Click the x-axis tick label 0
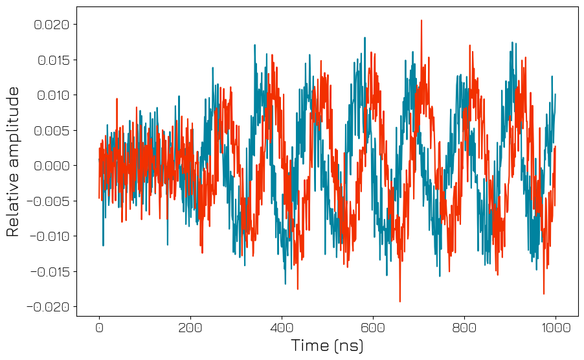tap(99, 328)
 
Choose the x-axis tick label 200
tap(190, 328)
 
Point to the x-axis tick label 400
tap(282, 328)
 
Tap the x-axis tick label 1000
tap(556, 328)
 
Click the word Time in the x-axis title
tap(310, 346)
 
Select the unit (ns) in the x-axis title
tap(348, 346)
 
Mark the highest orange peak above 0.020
tap(421, 21)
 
